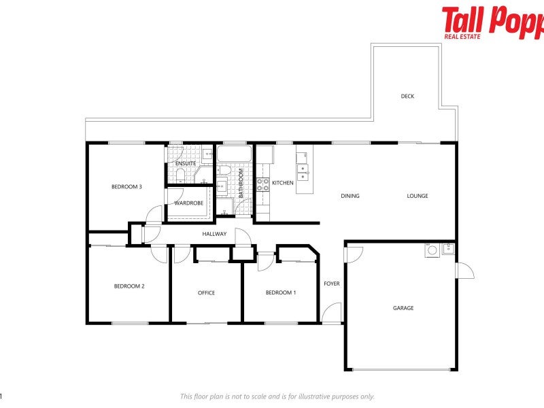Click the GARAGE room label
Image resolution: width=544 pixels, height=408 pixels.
tap(403, 308)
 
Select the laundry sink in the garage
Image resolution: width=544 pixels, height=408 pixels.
tap(447, 249)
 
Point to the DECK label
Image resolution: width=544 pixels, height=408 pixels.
tap(407, 97)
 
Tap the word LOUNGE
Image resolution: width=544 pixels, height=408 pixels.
tap(418, 197)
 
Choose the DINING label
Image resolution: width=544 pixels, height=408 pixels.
tap(350, 197)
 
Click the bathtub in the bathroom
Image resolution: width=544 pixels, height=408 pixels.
tap(233, 153)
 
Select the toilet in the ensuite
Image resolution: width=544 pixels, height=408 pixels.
tap(180, 176)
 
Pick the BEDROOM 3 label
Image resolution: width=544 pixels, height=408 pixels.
tap(126, 187)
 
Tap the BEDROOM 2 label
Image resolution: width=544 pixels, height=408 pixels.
tap(129, 286)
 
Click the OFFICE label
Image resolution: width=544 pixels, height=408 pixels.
tap(206, 293)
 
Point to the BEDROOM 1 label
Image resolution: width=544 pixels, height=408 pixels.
tap(280, 292)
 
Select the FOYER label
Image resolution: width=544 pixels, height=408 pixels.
tap(331, 284)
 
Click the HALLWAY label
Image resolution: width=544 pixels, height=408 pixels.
tap(214, 235)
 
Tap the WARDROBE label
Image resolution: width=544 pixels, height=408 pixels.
tap(188, 203)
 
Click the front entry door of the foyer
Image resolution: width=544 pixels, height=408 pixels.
tap(331, 313)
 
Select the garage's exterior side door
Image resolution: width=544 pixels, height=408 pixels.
tap(464, 271)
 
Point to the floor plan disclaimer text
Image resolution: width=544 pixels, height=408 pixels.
tap(277, 396)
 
